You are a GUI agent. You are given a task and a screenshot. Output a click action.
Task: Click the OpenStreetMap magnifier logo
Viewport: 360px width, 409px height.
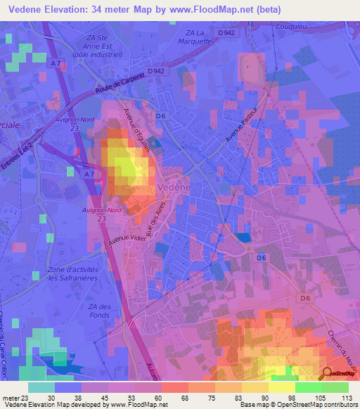coord(328,375)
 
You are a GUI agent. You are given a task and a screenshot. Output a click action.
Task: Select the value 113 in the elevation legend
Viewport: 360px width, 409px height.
coord(346,397)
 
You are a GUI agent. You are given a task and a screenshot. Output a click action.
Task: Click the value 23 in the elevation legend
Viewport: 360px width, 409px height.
coord(27,397)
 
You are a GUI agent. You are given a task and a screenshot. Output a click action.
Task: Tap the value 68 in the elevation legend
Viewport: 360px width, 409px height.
coord(185,397)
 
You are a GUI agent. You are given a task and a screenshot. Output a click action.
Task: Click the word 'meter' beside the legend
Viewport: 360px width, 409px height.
coord(11,397)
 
